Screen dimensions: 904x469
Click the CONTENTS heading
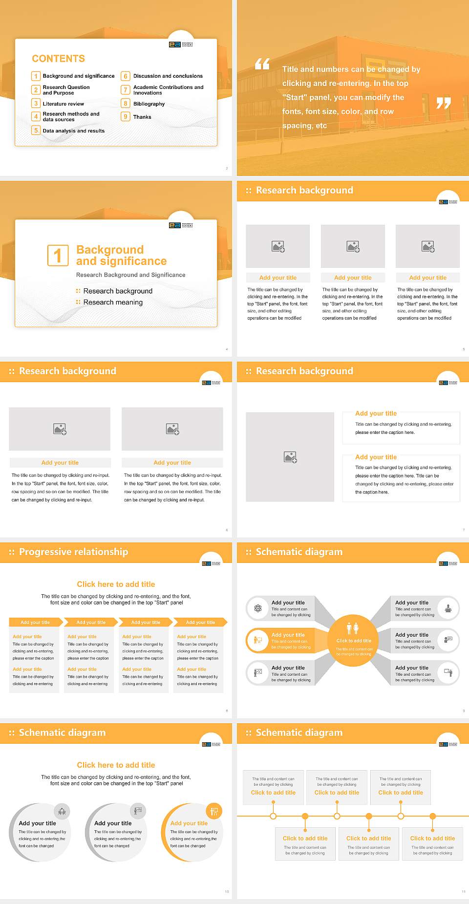(x=58, y=59)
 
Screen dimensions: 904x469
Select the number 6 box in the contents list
(x=126, y=76)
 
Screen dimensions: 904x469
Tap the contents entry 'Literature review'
(x=63, y=104)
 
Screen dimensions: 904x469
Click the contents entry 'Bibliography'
(x=149, y=104)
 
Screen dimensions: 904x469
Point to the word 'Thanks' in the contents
(x=142, y=117)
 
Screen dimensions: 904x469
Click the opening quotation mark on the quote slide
(x=262, y=64)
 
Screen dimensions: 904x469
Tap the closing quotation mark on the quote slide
(x=443, y=103)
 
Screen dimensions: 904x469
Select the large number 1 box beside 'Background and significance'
(x=58, y=255)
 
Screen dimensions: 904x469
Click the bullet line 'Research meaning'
(x=113, y=302)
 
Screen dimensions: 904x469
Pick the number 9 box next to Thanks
(x=126, y=117)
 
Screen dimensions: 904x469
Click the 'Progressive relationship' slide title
(x=73, y=552)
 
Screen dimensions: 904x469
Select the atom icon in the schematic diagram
(x=258, y=608)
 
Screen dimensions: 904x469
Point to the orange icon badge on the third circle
(x=213, y=811)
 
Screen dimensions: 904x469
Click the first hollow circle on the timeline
(x=273, y=816)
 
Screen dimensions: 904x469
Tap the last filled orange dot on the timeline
(x=432, y=816)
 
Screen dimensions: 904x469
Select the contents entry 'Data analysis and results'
(x=73, y=130)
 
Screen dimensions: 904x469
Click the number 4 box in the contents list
(x=36, y=116)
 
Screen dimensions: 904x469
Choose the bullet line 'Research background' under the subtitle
(x=118, y=291)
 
